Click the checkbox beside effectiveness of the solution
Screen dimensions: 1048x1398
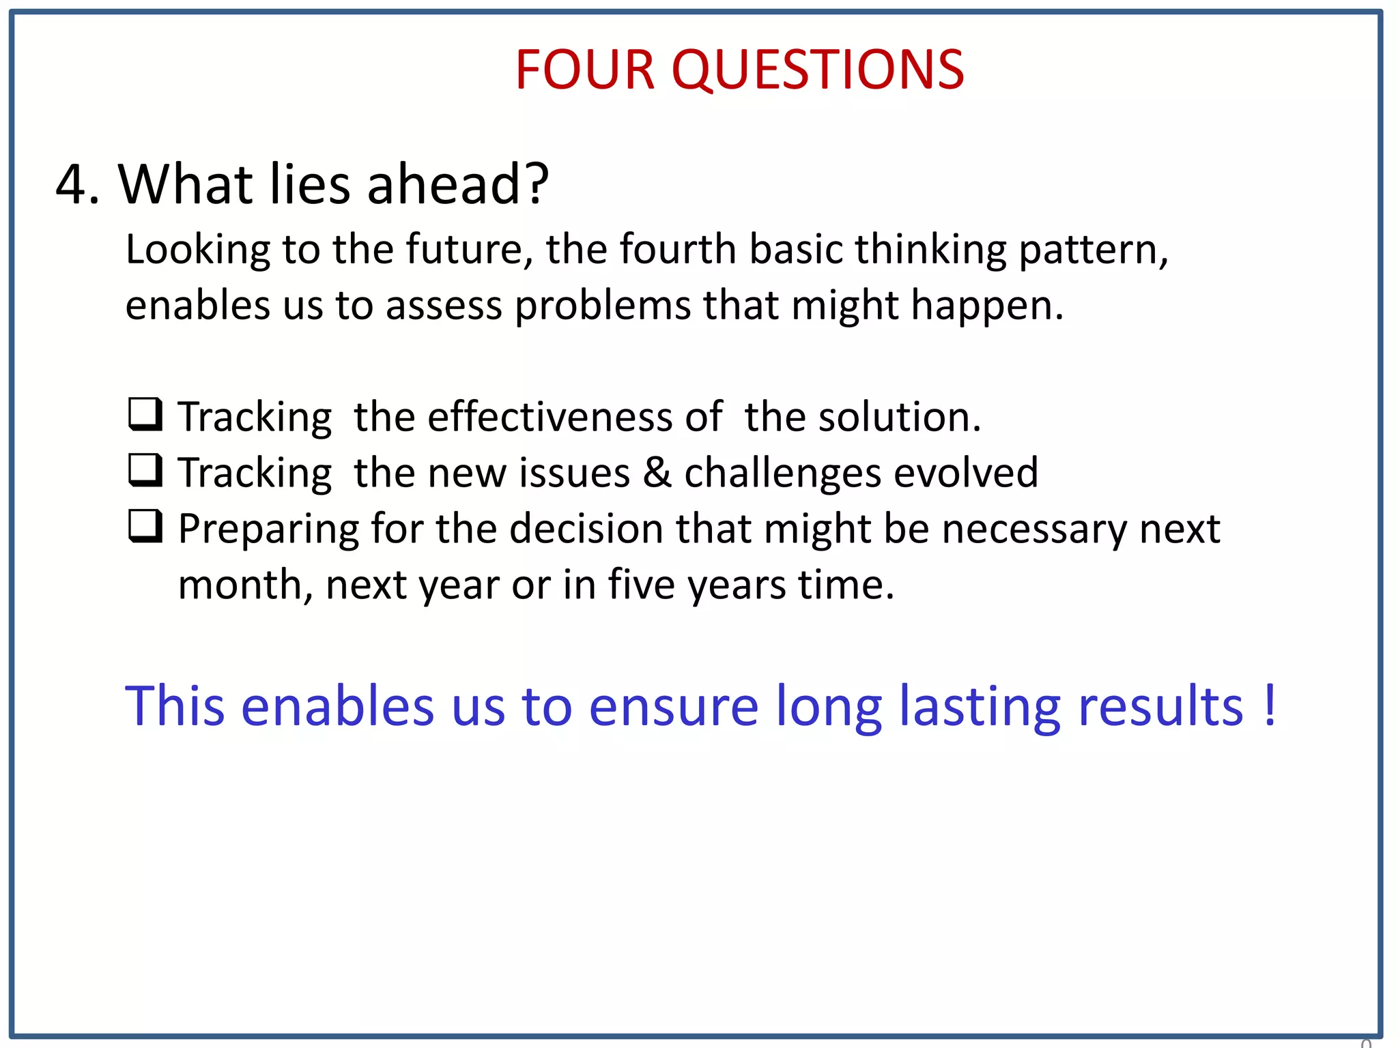tap(145, 415)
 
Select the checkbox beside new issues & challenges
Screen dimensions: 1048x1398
tap(145, 471)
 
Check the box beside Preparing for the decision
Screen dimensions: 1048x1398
tap(145, 527)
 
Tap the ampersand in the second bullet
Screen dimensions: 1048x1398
tap(657, 472)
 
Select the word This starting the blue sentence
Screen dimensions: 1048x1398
tap(175, 705)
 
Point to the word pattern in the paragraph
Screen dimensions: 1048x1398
tap(1092, 250)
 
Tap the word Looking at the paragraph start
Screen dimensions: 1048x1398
tap(198, 250)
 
